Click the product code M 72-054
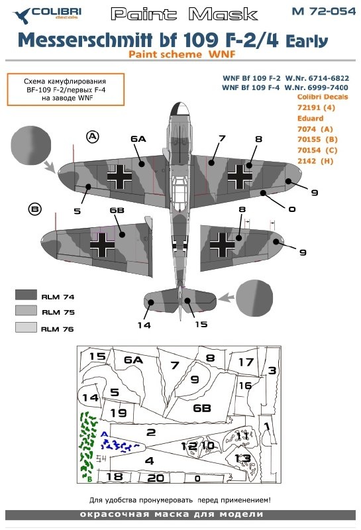coord(323,11)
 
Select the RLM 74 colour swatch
coord(26,295)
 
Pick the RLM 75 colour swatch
coord(26,310)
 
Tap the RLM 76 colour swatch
coord(26,327)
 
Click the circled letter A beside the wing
coord(93,137)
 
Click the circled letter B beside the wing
coord(35,209)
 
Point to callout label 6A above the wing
coord(138,139)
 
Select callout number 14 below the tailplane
coord(144,325)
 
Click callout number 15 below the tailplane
coord(201,324)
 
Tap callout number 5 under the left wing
coord(77,211)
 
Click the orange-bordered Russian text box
coord(66,89)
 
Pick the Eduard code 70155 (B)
coord(317,139)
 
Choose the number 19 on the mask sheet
coord(119,413)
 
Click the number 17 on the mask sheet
coord(246,362)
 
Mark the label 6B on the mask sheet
coord(202,408)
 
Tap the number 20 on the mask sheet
coord(156,478)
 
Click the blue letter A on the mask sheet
coord(104,435)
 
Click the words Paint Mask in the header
coord(184,14)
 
